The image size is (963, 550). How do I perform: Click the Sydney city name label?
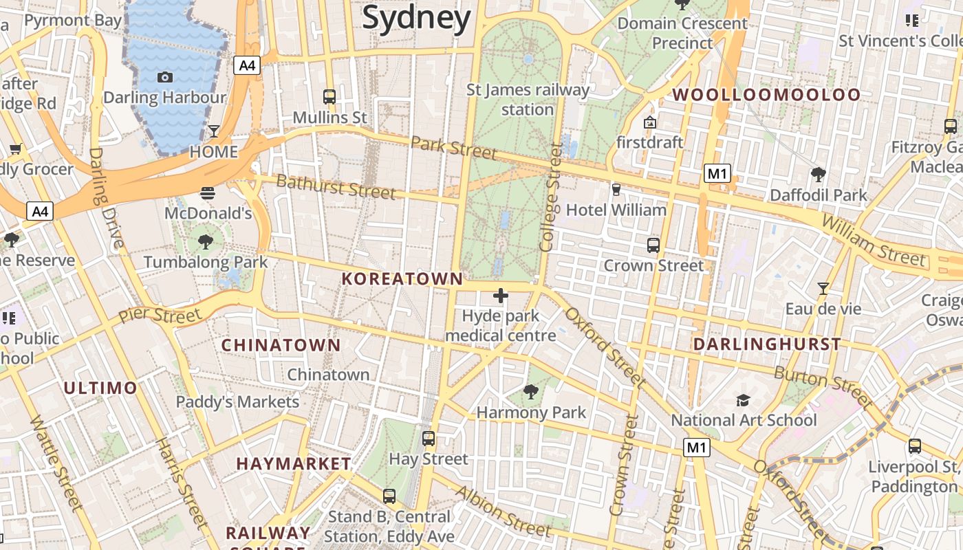pos(416,18)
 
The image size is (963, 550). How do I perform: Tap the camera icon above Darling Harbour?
pos(165,77)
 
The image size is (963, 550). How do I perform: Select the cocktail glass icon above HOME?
pos(214,131)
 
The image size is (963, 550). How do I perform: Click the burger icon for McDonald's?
pos(208,193)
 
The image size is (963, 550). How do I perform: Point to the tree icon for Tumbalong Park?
pos(205,241)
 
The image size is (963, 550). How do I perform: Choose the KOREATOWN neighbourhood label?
pos(402,278)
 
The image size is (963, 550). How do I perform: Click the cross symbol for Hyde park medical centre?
pos(501,296)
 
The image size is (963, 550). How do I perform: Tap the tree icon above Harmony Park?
pos(530,392)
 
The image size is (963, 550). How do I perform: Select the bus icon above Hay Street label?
pos(429,438)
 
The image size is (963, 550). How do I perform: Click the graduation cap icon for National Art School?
pos(743,399)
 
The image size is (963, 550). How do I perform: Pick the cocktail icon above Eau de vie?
pos(823,288)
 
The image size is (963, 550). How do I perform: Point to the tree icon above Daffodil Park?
pos(818,174)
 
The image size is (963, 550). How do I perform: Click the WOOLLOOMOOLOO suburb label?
pos(766,95)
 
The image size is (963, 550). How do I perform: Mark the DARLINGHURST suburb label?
pos(767,344)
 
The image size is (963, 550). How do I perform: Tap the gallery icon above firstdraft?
pos(649,122)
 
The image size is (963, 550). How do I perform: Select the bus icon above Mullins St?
pos(329,96)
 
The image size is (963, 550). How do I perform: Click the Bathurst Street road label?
pos(336,186)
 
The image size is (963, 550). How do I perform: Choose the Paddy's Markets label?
pos(237,401)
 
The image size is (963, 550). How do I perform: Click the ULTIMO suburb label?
pos(100,388)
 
